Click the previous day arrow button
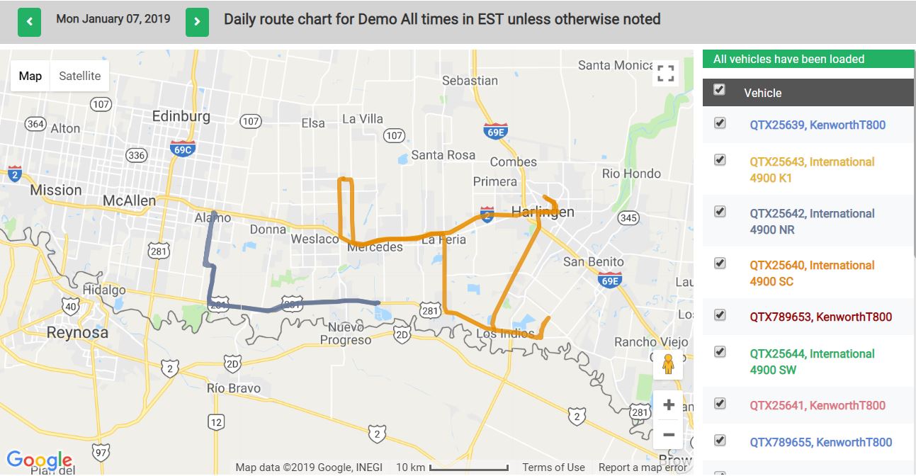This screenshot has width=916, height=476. click(x=29, y=22)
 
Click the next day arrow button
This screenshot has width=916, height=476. click(x=197, y=22)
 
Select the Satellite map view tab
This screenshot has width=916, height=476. click(x=79, y=76)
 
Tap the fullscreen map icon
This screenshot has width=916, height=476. click(x=665, y=73)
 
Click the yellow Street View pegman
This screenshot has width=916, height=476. click(x=667, y=364)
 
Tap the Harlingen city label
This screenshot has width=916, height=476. click(x=543, y=212)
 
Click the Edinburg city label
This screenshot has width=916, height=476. click(x=181, y=116)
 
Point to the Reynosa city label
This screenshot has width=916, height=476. click(x=77, y=332)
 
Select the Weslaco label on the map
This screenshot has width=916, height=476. click(x=315, y=239)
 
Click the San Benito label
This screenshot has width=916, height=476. click(x=593, y=261)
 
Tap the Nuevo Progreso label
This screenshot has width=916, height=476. click(x=346, y=334)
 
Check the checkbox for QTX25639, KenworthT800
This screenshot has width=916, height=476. click(x=720, y=123)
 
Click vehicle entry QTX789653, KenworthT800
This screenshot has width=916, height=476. click(x=820, y=317)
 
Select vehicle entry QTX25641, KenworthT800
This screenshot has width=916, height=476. click(x=818, y=405)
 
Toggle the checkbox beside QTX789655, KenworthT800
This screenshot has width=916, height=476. click(x=720, y=441)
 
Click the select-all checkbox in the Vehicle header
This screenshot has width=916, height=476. click(x=720, y=89)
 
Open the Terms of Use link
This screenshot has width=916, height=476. click(x=553, y=467)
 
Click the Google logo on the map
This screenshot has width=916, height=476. click(x=40, y=460)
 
